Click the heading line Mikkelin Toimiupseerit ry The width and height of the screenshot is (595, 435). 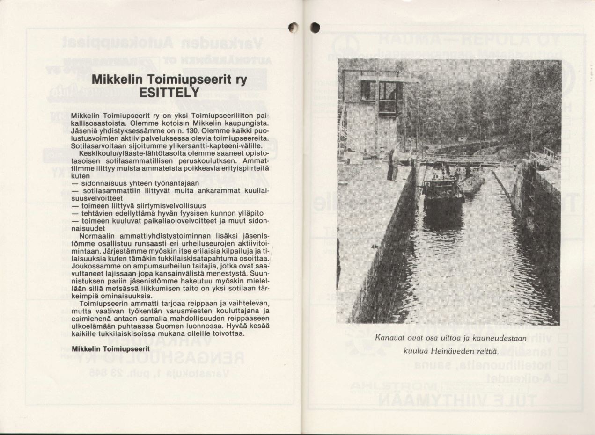click(x=169, y=80)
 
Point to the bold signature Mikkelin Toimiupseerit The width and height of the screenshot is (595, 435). click(x=110, y=349)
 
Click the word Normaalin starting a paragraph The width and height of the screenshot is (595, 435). click(x=98, y=236)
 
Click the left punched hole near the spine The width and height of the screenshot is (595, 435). click(x=294, y=28)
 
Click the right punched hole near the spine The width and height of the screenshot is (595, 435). click(x=315, y=28)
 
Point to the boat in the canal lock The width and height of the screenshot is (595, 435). click(x=442, y=189)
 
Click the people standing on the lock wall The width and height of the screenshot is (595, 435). click(x=393, y=164)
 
